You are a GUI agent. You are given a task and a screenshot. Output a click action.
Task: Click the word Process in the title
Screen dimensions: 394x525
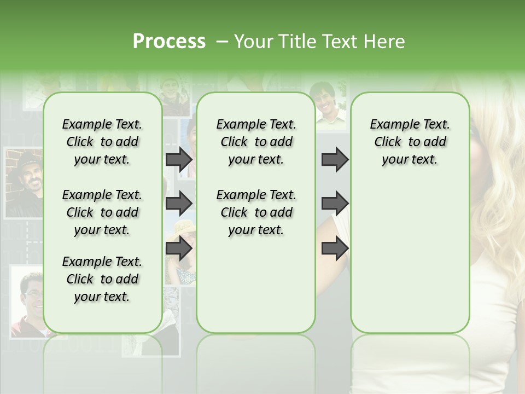click(x=169, y=42)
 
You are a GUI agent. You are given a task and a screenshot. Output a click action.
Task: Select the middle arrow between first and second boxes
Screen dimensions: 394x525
click(x=179, y=204)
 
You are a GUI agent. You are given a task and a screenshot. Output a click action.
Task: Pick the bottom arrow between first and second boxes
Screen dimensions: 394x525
click(x=179, y=248)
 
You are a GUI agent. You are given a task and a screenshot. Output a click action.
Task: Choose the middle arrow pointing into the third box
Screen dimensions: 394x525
click(x=335, y=204)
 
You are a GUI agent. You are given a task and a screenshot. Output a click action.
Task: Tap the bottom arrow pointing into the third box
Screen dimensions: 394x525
click(x=335, y=248)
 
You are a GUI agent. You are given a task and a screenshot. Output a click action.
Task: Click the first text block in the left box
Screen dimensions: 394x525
click(x=102, y=142)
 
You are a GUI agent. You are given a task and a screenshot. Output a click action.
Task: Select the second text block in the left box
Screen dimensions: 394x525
click(x=102, y=212)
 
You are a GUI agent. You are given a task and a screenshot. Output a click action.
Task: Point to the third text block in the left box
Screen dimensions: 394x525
click(x=102, y=279)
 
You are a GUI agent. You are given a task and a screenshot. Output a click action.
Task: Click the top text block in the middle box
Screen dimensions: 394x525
click(x=256, y=142)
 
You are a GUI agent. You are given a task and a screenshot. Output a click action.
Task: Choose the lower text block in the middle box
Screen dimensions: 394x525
click(x=256, y=212)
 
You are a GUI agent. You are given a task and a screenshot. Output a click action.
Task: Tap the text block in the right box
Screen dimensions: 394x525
click(x=410, y=142)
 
